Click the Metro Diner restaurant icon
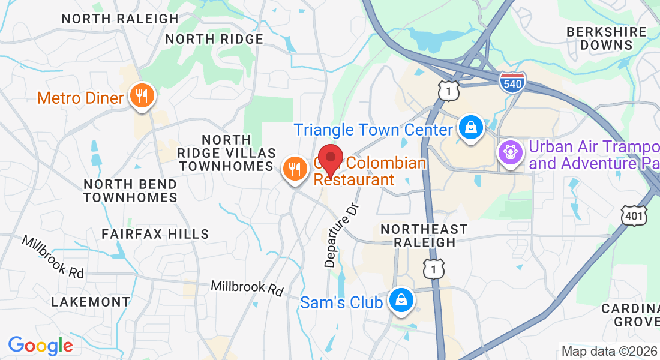(x=142, y=96)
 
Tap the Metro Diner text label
(x=80, y=98)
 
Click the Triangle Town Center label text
(x=373, y=130)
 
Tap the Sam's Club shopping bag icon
(x=400, y=301)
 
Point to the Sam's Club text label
(x=341, y=302)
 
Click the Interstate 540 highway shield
(x=512, y=82)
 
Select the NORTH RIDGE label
(x=214, y=39)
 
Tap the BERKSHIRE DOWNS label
(x=607, y=38)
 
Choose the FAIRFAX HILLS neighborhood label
(x=155, y=234)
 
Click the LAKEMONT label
(x=91, y=302)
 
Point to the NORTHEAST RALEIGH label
(x=424, y=236)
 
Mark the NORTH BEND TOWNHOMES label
(x=130, y=190)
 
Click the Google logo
(x=40, y=346)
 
